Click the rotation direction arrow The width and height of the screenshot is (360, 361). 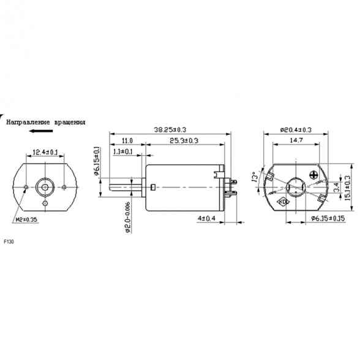click(45, 131)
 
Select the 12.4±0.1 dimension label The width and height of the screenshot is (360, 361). click(45, 151)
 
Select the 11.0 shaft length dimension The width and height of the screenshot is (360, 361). click(127, 140)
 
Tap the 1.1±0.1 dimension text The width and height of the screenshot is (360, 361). click(125, 151)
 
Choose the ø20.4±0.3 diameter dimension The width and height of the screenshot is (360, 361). click(295, 129)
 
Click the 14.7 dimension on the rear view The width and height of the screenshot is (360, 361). click(296, 140)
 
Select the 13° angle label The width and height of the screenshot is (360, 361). click(254, 178)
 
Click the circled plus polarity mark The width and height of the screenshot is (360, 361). click(315, 174)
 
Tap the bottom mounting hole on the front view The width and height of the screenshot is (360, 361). click(45, 203)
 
